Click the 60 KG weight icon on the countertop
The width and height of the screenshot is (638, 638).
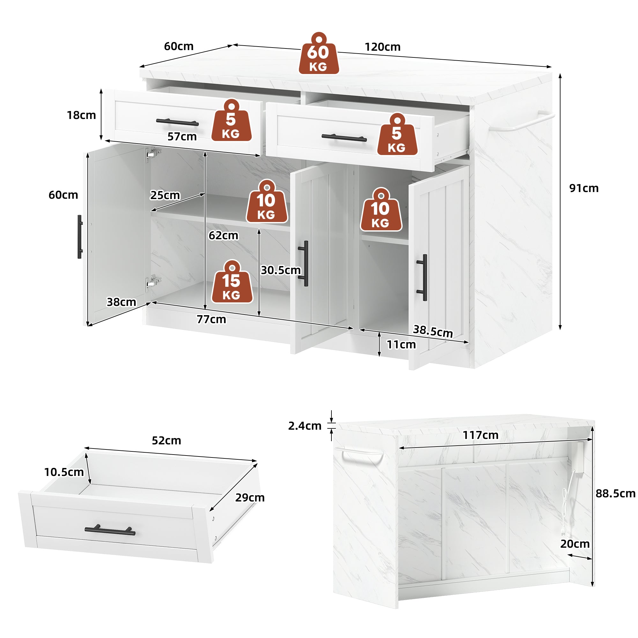click(318, 54)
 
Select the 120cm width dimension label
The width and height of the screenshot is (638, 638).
click(382, 47)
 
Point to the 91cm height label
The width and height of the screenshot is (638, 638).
click(583, 188)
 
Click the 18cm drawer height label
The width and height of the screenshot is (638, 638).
click(81, 115)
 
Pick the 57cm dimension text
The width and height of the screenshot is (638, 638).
click(182, 137)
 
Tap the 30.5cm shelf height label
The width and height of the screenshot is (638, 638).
click(281, 270)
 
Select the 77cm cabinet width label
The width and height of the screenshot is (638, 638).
click(211, 319)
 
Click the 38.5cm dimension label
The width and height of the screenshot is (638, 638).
click(433, 331)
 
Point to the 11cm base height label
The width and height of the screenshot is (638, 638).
click(401, 345)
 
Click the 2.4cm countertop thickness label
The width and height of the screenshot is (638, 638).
click(304, 426)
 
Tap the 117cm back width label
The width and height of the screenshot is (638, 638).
click(480, 435)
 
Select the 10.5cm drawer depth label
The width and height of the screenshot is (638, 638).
click(64, 472)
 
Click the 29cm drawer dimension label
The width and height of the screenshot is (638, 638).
click(250, 498)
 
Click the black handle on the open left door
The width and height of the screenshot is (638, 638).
click(79, 237)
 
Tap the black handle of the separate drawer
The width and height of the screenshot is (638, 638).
click(110, 530)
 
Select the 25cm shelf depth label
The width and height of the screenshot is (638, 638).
click(165, 195)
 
